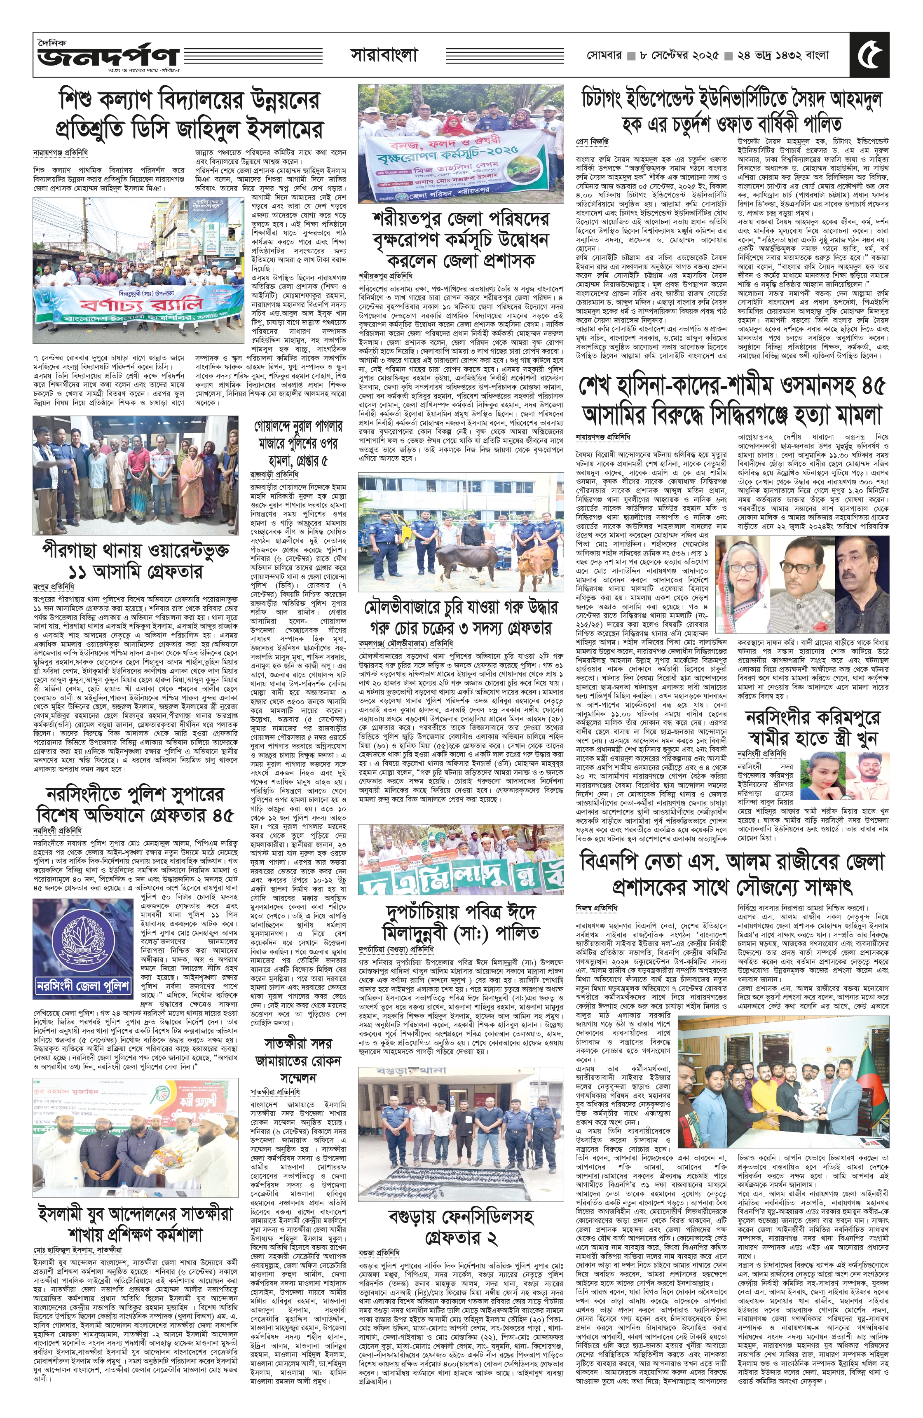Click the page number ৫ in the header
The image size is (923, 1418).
coord(871,55)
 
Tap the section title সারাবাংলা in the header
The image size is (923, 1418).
coord(384,55)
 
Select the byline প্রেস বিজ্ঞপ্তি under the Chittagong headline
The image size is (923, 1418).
coord(592,142)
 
